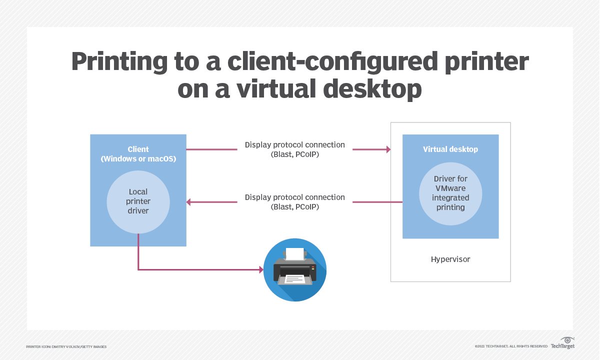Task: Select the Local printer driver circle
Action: point(138,202)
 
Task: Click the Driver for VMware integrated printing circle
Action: point(450,193)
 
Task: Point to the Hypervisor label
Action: point(450,259)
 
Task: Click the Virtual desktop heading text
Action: point(450,149)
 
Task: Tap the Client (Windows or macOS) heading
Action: point(138,154)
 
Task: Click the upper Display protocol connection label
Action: point(294,149)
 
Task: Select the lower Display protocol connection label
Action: point(294,202)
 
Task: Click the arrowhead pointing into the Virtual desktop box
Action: point(387,149)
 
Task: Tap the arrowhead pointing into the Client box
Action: point(189,202)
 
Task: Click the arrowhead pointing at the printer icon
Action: point(260,270)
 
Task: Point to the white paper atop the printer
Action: point(294,254)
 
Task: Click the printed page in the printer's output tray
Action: point(294,278)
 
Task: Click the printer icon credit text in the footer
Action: point(66,346)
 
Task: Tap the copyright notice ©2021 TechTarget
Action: point(511,346)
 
